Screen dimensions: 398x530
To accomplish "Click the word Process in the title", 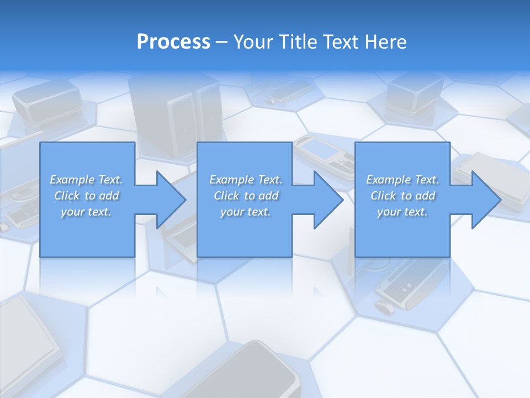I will [x=173, y=42].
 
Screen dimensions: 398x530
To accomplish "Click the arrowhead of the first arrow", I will [x=171, y=200].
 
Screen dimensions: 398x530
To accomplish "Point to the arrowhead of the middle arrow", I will [x=328, y=200].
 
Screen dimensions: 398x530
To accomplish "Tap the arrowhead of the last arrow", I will [x=486, y=200].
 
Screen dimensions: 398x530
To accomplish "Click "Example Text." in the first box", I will [x=86, y=180].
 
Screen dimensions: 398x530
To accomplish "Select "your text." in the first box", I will [x=86, y=212].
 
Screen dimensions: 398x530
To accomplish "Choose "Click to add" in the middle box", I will [x=246, y=196].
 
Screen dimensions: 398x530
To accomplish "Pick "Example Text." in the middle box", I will [x=246, y=180].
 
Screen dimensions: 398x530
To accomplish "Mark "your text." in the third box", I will [x=402, y=212].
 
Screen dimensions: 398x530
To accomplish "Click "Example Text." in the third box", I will [x=402, y=180].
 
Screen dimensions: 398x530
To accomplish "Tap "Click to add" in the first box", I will [x=86, y=196].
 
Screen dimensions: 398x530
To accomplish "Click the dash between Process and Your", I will [x=221, y=42].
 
